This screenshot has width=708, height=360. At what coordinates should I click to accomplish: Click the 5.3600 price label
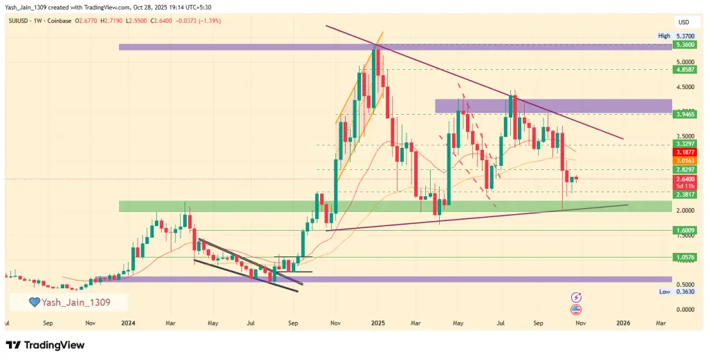(685, 45)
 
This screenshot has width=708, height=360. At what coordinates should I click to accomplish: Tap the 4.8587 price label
(685, 70)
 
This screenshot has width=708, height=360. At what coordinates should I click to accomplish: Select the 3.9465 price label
(685, 114)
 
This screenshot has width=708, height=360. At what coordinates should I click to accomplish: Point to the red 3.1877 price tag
(685, 152)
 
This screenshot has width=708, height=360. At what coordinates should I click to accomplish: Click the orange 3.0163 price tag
(685, 160)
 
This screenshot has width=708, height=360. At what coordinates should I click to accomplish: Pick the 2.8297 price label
(685, 170)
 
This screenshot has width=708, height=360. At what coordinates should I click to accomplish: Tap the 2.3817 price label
(685, 196)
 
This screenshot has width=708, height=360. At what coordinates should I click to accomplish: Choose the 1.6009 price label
(685, 230)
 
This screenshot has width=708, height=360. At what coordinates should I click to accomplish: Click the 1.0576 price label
(685, 257)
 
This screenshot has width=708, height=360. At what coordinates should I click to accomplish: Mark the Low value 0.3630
(685, 292)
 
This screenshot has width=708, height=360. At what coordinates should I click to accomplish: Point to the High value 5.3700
(685, 36)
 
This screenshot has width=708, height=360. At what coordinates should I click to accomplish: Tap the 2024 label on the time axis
(128, 323)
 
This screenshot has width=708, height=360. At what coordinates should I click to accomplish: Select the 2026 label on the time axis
(623, 323)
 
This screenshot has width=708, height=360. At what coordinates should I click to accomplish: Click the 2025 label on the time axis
(377, 323)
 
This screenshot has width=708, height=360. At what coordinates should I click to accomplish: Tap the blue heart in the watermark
(32, 302)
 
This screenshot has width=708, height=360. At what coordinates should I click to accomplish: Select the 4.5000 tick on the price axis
(685, 87)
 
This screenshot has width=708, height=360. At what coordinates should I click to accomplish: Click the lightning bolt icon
(576, 297)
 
